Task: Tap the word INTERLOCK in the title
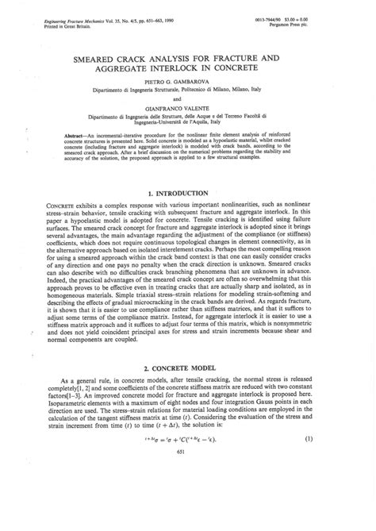[x=208, y=68]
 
